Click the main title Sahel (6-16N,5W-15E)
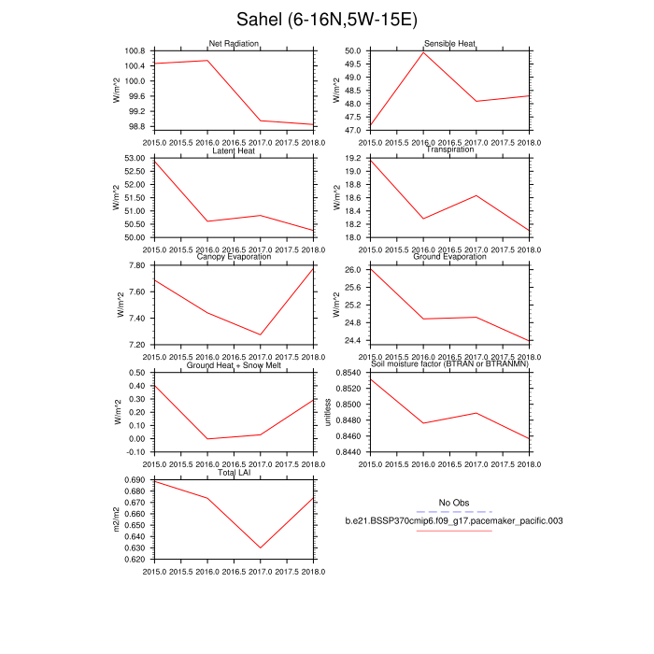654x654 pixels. pos(326,19)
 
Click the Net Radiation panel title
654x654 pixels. pos(234,43)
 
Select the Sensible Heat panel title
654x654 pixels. pos(449,43)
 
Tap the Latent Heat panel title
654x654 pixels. pos(234,150)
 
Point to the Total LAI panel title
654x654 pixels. pos(234,473)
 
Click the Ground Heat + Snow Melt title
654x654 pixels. pos(234,365)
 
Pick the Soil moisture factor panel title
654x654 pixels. pos(449,365)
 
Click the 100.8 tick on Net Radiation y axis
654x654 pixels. pos(135,50)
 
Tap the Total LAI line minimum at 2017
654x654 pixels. pos(261,548)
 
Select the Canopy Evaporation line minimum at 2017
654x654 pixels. pos(261,334)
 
